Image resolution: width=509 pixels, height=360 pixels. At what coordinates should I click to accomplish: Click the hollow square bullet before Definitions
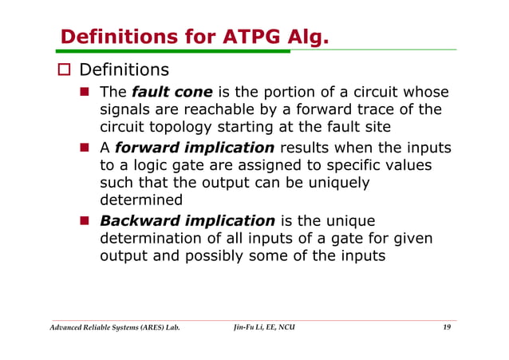66,72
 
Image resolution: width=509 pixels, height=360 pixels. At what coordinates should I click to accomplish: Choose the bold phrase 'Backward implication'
187,220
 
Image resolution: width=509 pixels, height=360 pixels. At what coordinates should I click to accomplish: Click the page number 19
447,328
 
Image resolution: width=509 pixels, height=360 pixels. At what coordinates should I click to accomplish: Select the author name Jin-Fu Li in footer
246,328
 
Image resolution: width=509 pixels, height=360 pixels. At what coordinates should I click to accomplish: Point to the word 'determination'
158,239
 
